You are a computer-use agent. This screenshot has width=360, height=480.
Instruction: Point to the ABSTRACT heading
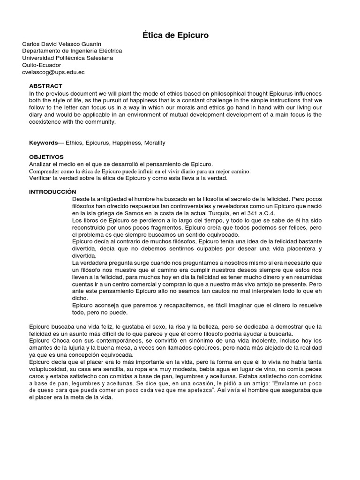pos(45,86)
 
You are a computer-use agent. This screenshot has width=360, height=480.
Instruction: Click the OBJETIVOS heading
pos(46,157)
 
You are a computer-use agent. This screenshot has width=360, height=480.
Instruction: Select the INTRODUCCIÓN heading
pos(52,192)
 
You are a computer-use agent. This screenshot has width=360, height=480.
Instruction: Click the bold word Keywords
pos(43,142)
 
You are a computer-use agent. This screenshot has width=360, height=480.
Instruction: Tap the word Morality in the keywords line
pos(155,142)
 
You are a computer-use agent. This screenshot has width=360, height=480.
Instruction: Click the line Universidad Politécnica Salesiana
pos(67,58)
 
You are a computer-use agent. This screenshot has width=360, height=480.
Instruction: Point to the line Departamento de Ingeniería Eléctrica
pos(72,51)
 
